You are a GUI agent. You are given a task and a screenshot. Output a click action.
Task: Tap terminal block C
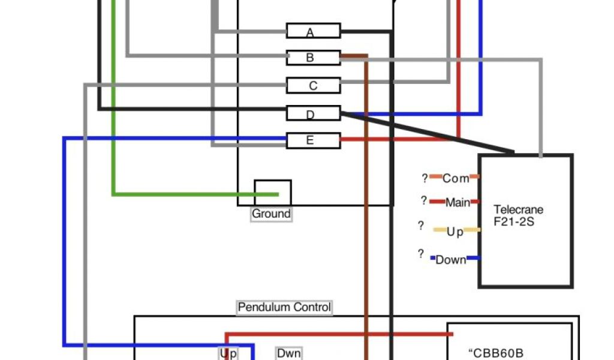(x=313, y=86)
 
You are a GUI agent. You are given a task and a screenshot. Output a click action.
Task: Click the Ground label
(x=271, y=214)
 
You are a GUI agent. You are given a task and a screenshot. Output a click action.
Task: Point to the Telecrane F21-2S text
(x=518, y=215)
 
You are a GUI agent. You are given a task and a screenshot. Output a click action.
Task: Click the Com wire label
(x=456, y=178)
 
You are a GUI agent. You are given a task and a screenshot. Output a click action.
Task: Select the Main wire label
(x=458, y=203)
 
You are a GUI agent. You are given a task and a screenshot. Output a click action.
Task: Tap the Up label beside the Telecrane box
(x=455, y=232)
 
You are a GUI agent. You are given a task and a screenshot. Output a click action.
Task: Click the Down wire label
(x=451, y=260)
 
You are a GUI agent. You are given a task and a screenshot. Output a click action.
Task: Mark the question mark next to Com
(x=425, y=178)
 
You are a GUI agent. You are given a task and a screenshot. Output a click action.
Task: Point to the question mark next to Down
(x=421, y=254)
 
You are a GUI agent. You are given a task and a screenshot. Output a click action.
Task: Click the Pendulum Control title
(x=284, y=307)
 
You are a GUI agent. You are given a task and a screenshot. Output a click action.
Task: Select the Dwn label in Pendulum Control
(x=288, y=353)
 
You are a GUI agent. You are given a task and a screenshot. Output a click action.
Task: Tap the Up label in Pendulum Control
(x=228, y=353)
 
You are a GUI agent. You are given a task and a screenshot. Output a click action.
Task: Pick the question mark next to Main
(x=423, y=201)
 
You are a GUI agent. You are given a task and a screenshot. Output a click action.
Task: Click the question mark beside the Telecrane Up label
(x=421, y=226)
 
